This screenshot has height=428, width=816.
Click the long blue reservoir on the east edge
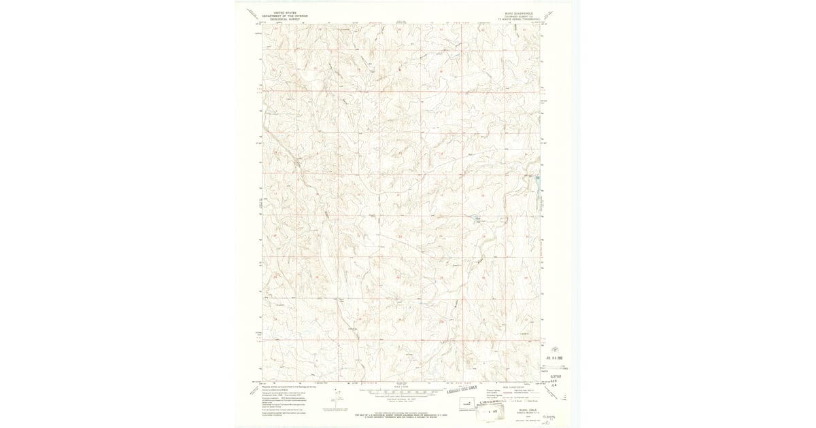537,187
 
